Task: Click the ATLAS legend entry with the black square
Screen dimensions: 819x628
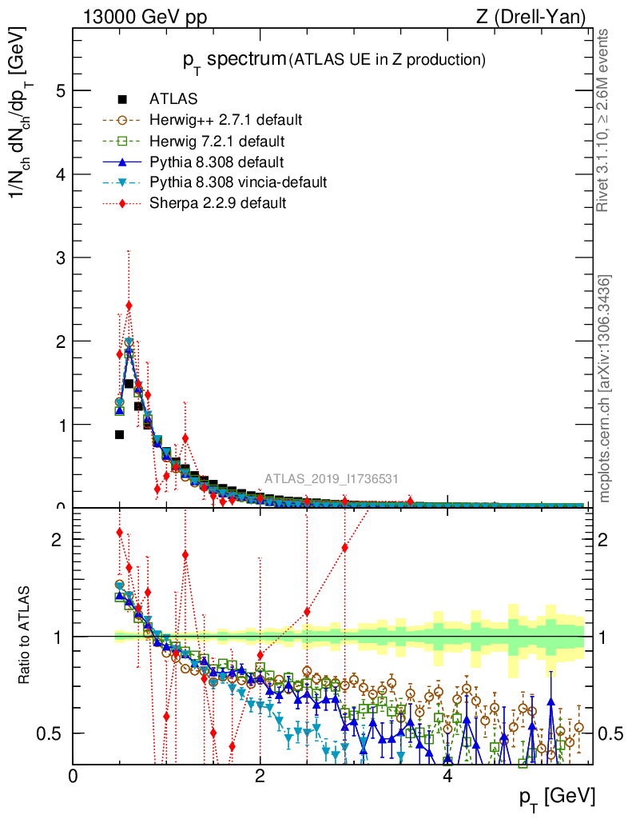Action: [173, 100]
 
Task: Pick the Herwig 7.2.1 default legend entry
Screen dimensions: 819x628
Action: [217, 142]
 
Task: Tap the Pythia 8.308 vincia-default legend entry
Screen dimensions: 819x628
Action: [237, 182]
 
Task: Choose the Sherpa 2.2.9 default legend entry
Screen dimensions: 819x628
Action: [217, 203]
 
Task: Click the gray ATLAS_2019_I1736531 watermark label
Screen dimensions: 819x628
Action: [332, 479]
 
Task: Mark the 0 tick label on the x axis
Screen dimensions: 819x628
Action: [74, 776]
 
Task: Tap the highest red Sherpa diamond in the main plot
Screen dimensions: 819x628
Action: [129, 306]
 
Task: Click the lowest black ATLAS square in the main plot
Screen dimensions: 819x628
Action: [119, 434]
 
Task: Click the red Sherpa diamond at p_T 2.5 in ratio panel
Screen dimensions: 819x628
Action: [307, 612]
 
